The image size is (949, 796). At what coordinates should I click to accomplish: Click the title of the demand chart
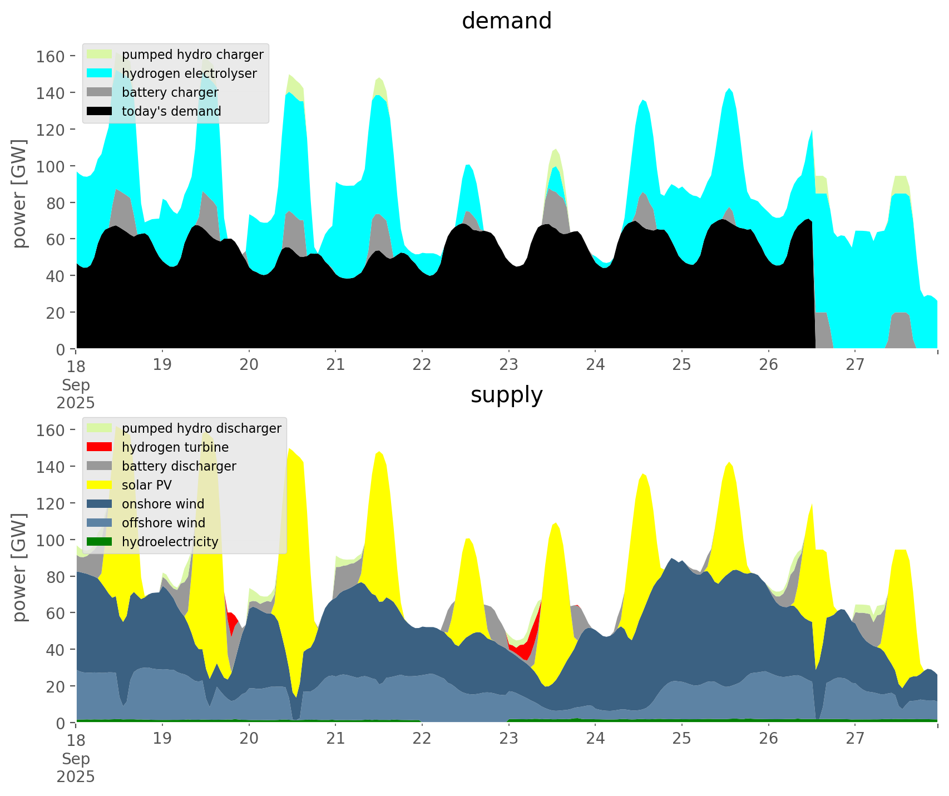pos(506,21)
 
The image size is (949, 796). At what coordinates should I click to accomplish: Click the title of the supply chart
pos(506,395)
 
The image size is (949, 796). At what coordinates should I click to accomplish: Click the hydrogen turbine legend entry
pos(175,447)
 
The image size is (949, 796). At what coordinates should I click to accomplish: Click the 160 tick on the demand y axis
pos(51,56)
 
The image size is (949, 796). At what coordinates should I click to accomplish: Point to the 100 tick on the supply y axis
pos(51,540)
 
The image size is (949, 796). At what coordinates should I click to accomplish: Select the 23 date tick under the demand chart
pos(508,365)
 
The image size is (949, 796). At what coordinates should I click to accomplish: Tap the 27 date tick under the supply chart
pos(855,739)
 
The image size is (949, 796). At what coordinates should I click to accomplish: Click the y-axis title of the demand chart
pos(20,194)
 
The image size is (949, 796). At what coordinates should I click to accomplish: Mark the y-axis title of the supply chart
pos(20,567)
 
